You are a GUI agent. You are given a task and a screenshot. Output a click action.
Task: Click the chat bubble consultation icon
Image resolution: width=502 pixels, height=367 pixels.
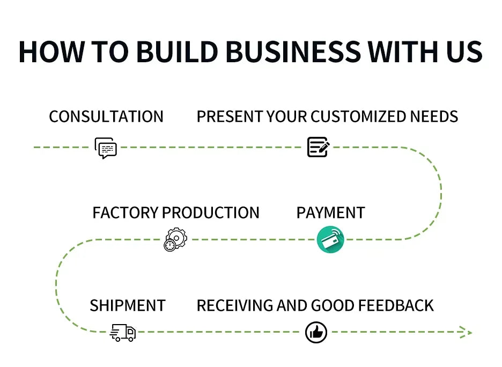106,148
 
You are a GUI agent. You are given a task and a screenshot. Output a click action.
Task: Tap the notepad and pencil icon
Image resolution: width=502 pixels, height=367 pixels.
318,147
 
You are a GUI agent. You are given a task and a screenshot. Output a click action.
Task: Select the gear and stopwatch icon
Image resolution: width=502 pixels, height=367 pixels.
175,240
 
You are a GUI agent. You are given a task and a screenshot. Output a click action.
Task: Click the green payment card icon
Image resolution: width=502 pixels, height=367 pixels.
330,240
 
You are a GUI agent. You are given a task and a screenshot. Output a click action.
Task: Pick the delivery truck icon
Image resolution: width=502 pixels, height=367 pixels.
123,333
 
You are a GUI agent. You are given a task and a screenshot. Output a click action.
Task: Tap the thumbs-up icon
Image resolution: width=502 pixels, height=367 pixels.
316,333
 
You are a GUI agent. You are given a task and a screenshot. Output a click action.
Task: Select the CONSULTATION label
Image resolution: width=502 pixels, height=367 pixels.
106,117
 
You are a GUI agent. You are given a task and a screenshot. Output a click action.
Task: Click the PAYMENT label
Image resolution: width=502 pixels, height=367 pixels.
330,213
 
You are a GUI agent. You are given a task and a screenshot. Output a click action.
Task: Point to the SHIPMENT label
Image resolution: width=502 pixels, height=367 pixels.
128,306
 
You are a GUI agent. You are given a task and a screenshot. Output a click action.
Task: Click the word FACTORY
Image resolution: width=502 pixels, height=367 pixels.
125,213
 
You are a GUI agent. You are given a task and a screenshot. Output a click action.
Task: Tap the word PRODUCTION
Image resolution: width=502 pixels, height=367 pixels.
210,213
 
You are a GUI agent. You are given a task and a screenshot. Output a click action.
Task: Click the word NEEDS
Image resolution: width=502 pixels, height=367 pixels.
434,117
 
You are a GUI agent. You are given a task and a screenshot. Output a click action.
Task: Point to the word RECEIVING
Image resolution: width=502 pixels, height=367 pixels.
235,306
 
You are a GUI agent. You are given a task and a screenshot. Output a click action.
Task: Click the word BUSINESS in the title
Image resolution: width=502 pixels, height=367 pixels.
292,52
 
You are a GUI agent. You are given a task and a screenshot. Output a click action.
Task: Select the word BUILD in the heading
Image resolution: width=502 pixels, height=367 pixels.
176,52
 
